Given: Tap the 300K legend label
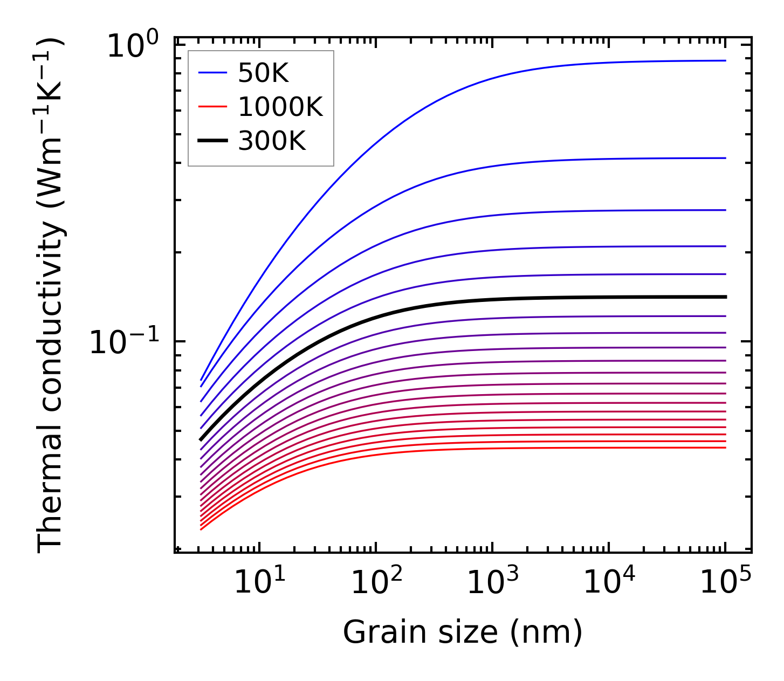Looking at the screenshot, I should click(x=272, y=141).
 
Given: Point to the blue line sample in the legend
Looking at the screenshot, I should click(x=212, y=73).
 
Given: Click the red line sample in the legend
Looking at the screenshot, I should click(x=212, y=107).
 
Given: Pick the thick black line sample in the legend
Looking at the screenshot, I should click(x=212, y=141).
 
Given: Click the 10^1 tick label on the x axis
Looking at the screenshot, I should click(x=260, y=582).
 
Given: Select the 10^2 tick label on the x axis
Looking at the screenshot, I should click(x=376, y=582).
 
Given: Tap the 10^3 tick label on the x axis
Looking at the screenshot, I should click(x=493, y=582).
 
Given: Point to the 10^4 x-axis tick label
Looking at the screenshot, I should click(x=609, y=582).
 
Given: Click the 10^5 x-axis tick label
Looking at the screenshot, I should click(x=726, y=582).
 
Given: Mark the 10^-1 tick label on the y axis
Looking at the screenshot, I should click(x=125, y=342).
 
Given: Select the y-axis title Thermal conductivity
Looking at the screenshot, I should click(x=51, y=294).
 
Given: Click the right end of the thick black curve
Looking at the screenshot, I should click(x=726, y=297).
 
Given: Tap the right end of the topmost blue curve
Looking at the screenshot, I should click(x=726, y=61).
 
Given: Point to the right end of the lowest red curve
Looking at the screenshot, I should click(x=726, y=448).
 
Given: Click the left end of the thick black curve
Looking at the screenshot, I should click(x=201, y=440).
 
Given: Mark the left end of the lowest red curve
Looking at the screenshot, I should click(x=201, y=529).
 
